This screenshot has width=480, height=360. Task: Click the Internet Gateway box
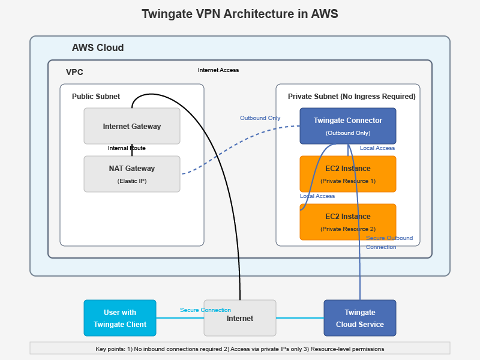tap(131, 126)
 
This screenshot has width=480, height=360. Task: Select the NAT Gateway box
tap(131, 174)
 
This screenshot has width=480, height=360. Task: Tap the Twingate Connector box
tap(347, 126)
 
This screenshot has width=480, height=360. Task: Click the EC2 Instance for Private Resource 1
tap(347, 174)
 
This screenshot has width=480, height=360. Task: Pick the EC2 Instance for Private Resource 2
tap(347, 222)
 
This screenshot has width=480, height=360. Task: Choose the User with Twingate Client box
tap(119, 318)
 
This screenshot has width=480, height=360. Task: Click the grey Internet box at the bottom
tap(239, 318)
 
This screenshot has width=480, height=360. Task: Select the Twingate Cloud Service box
tap(359, 318)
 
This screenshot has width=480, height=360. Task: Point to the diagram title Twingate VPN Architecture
tap(239, 14)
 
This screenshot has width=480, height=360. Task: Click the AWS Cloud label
tap(98, 48)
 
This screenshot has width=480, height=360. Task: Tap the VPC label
tap(74, 72)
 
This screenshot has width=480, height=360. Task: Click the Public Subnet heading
tap(96, 96)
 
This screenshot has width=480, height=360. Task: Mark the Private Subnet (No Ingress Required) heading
tap(352, 96)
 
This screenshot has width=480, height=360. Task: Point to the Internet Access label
tap(218, 70)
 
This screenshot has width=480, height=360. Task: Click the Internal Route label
tap(127, 148)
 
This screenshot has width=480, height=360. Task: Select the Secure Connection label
tap(205, 310)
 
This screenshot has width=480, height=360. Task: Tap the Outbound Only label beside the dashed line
tap(260, 118)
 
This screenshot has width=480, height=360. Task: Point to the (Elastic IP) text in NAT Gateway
tap(131, 181)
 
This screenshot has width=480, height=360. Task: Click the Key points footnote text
tap(239, 349)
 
